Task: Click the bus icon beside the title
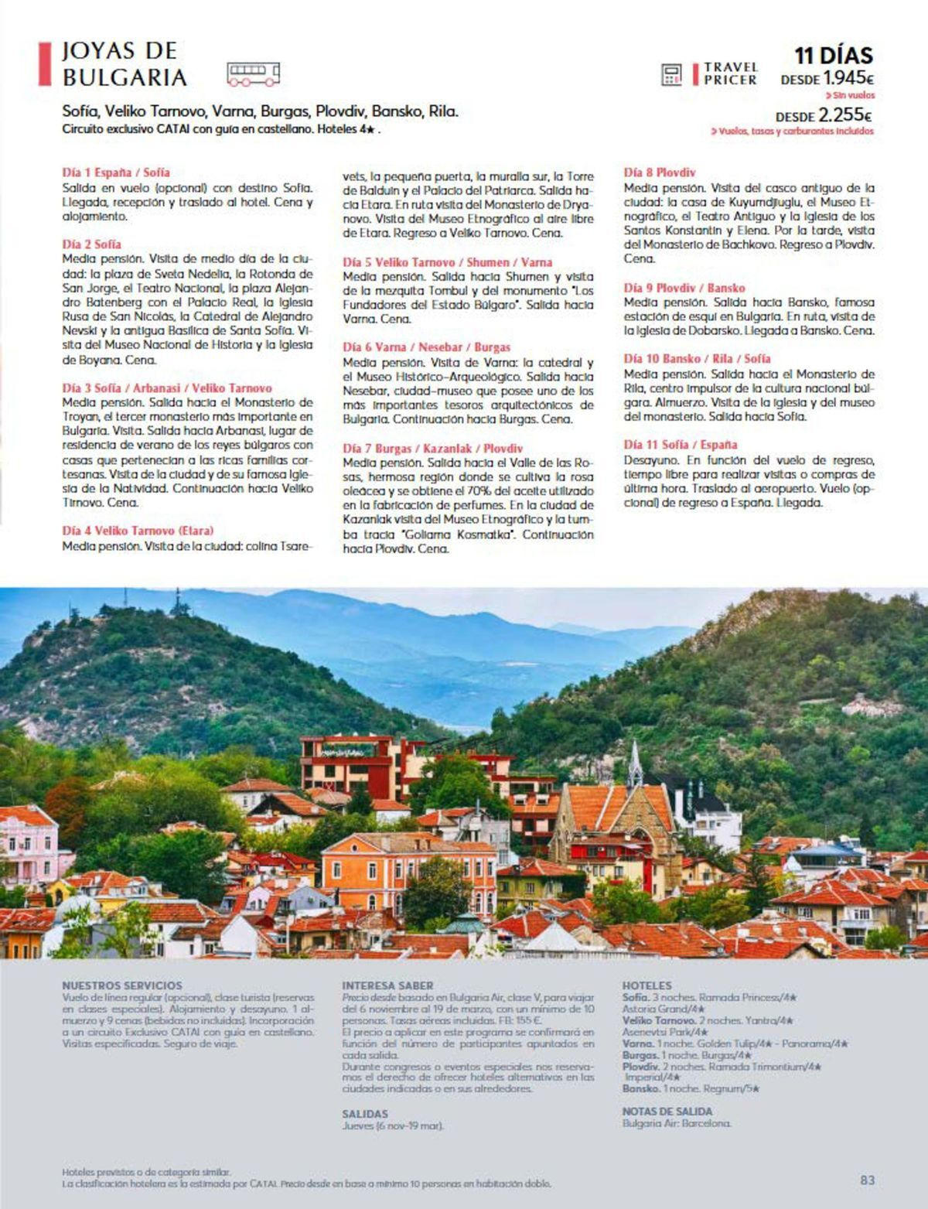tap(253, 73)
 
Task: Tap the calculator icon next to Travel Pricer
tap(671, 74)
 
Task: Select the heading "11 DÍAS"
tap(834, 56)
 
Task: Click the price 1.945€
tap(848, 78)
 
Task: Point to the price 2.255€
tap(845, 116)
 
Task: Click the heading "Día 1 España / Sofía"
tap(115, 172)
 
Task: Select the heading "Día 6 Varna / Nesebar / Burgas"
tap(426, 347)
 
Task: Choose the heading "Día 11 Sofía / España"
tap(680, 445)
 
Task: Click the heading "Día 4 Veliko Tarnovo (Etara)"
tap(138, 531)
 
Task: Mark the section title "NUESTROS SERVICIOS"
tap(121, 985)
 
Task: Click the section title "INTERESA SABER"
tap(387, 985)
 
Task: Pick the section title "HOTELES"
tap(647, 985)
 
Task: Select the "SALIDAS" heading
tap(364, 1114)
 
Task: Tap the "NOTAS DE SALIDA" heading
tap(667, 1112)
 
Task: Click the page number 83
tap(867, 1180)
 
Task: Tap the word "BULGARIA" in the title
tap(125, 77)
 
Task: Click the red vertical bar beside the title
tap(44, 64)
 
